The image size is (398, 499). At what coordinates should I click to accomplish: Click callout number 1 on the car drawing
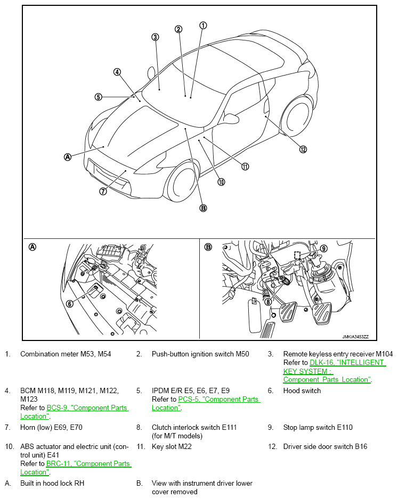point(203,25)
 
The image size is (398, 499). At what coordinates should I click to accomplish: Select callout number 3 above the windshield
point(155,37)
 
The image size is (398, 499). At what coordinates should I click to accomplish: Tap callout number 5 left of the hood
point(99,97)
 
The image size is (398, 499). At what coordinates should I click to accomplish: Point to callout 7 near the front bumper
point(103,192)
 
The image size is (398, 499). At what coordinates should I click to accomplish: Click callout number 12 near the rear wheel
point(303,149)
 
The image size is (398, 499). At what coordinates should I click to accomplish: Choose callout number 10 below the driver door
point(221,182)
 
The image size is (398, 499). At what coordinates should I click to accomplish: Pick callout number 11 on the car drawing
point(245,167)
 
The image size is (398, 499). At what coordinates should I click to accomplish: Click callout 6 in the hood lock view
point(69,304)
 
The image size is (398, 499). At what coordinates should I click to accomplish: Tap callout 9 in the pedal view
point(324,247)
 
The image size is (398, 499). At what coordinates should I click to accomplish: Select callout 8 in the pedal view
point(268,301)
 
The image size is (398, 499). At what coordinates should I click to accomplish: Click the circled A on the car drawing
point(68,157)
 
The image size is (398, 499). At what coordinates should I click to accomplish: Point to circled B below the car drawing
point(203,208)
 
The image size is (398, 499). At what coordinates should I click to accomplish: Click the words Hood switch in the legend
point(302,390)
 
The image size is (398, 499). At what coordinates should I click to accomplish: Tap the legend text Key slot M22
point(172,447)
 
